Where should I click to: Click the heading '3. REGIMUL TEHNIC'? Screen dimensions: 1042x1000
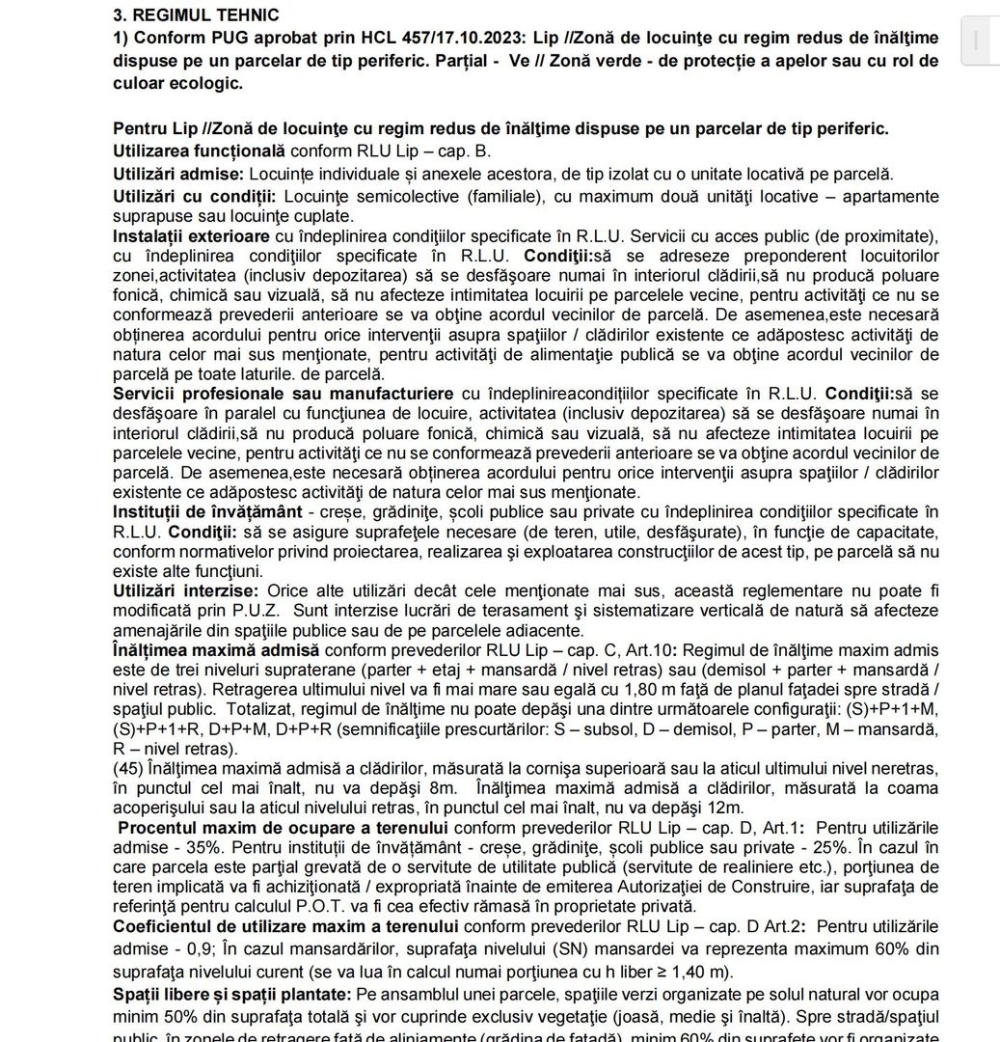click(196, 15)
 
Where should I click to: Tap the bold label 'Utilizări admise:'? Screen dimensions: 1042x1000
click(178, 175)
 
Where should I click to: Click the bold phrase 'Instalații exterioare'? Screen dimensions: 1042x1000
click(191, 236)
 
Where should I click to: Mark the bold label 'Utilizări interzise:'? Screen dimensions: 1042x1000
click(185, 590)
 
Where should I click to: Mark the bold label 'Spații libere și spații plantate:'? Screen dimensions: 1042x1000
click(231, 994)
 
